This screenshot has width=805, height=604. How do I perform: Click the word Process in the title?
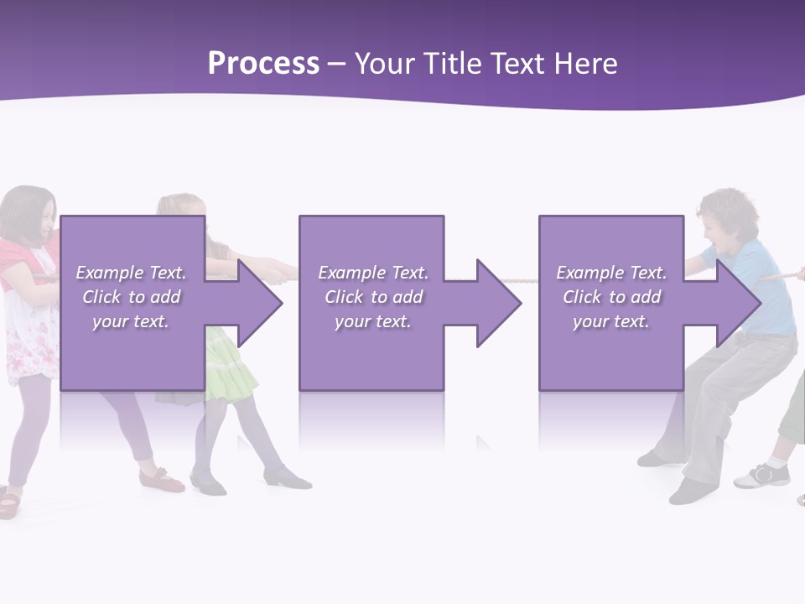(263, 64)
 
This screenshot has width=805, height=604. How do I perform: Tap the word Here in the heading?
(584, 64)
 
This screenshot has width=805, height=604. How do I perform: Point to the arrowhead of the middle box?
(497, 303)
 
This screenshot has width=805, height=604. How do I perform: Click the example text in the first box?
(132, 297)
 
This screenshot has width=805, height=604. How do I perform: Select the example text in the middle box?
(373, 297)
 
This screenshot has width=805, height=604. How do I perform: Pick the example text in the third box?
(611, 297)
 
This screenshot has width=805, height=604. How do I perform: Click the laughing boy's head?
(728, 216)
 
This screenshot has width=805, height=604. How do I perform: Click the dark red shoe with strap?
(162, 480)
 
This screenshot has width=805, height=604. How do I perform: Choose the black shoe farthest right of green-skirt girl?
(287, 479)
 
